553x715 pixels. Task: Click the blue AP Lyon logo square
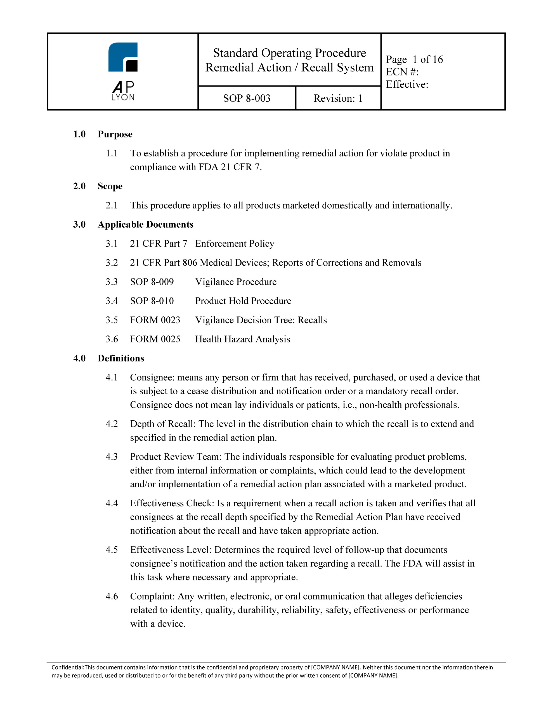123,57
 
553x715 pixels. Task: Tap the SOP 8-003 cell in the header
247,98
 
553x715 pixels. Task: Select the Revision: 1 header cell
338,98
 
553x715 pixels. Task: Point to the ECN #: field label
402,72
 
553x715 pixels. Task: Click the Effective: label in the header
407,84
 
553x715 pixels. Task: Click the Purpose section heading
115,134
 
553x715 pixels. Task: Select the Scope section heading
110,186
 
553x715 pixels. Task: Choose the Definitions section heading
120,358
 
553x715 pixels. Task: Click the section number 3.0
79,225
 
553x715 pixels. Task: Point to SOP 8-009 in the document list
152,282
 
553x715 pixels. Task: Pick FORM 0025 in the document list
155,339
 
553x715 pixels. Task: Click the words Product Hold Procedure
243,301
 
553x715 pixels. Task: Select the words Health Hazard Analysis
243,339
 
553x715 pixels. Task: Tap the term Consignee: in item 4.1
152,378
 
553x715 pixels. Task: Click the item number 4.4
112,503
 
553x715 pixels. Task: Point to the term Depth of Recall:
163,424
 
